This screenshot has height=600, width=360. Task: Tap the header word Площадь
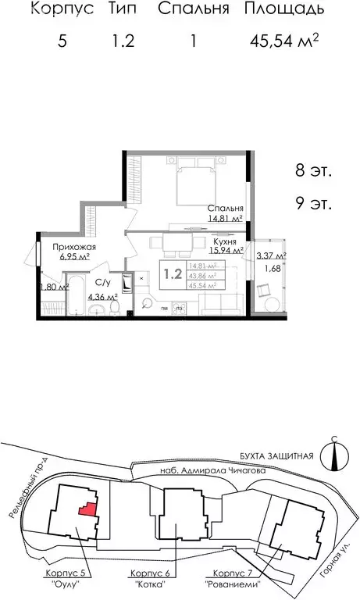283,10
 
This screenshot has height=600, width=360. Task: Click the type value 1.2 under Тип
123,41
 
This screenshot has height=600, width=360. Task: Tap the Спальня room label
225,209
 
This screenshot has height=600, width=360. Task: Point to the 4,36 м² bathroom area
102,297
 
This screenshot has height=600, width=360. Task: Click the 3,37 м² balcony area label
271,255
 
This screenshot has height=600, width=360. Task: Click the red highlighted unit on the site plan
87,509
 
